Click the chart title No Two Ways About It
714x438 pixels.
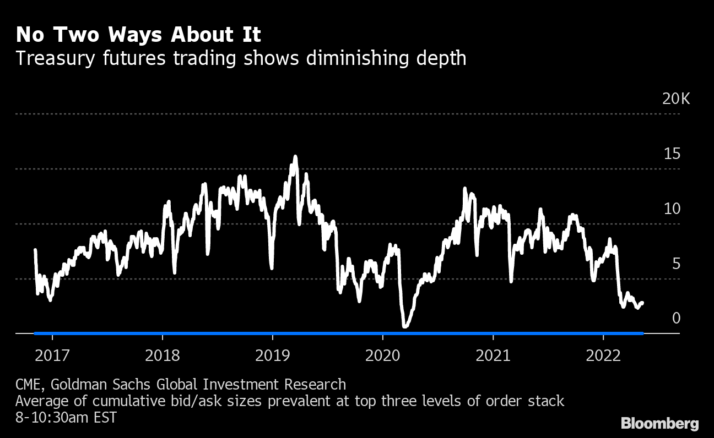[x=138, y=35]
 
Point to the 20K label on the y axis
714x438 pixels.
[x=676, y=99]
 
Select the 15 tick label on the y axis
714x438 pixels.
[x=672, y=154]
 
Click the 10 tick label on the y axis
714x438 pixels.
[x=672, y=209]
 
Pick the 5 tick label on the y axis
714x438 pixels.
[x=675, y=264]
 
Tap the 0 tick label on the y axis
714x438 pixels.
[x=676, y=318]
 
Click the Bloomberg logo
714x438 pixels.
[x=660, y=424]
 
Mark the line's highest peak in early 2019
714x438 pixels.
[x=295, y=157]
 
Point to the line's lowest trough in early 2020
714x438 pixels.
[x=405, y=326]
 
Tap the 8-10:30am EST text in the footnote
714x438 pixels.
[x=66, y=418]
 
